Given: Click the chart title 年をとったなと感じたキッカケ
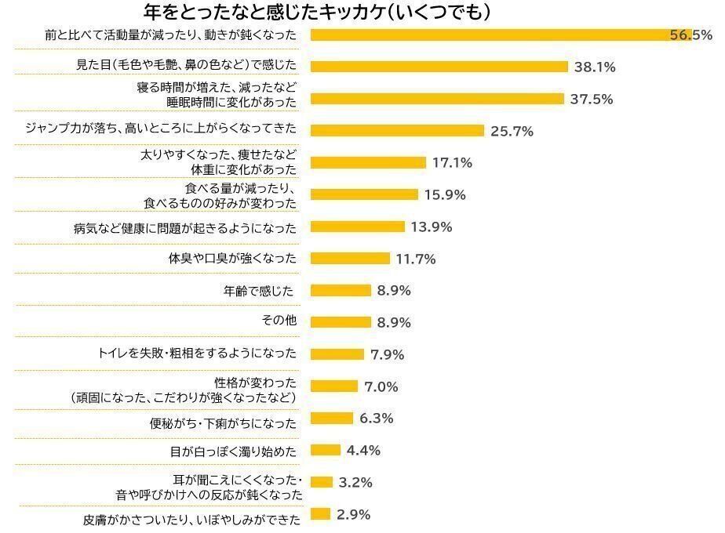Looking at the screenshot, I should [x=318, y=13].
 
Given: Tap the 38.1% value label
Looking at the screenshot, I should [x=595, y=67].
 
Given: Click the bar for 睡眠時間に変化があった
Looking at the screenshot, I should [x=437, y=99].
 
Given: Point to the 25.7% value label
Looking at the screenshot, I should [x=512, y=132].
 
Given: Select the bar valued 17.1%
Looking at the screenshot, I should [x=368, y=163].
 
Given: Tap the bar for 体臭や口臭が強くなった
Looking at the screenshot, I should [x=350, y=259].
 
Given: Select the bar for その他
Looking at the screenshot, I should [x=341, y=322].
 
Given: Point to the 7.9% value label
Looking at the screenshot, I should [x=387, y=355].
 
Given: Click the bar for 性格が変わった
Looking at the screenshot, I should [x=334, y=386].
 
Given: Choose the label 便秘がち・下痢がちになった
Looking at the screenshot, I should [x=224, y=423].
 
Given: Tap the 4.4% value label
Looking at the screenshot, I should [x=363, y=451].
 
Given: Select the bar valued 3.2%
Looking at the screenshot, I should [x=322, y=482].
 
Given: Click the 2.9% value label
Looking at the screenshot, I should [x=353, y=515].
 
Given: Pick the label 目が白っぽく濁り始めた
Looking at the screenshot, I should [x=233, y=452].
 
